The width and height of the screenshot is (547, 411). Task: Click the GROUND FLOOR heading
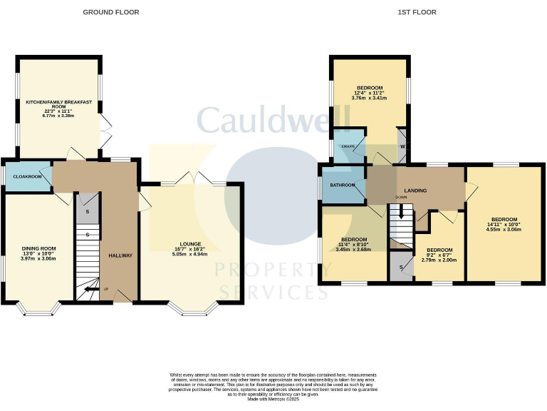(110, 12)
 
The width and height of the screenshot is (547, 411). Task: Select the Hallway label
(120, 255)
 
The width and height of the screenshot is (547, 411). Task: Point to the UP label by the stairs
(107, 290)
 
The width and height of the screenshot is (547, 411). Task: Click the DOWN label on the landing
(401, 198)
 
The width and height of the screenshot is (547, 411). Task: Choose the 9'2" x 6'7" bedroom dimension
(439, 255)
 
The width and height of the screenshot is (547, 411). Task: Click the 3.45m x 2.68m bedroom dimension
(353, 250)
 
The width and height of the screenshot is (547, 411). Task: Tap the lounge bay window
(191, 309)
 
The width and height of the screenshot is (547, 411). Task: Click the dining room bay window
(38, 309)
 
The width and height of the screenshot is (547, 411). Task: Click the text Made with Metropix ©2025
(273, 400)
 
